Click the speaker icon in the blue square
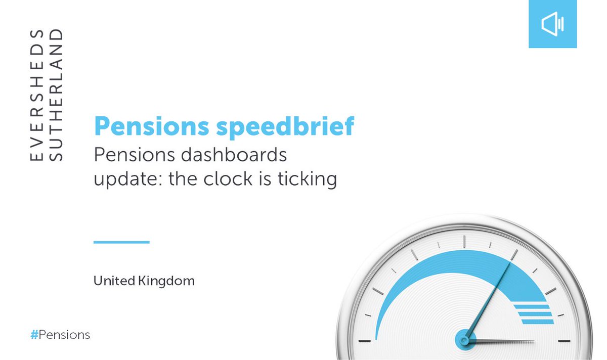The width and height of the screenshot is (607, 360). pos(552,24)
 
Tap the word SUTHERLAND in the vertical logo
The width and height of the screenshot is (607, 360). pos(57,96)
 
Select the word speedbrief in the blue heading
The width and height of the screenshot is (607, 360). pos(285,126)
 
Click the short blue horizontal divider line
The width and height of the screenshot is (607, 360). pos(121,242)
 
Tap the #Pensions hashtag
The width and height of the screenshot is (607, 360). pos(60,335)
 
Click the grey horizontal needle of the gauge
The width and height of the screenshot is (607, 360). pos(506,342)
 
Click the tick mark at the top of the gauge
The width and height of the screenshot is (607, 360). pos(463,237)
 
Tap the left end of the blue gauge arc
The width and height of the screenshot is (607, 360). pos(377,334)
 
